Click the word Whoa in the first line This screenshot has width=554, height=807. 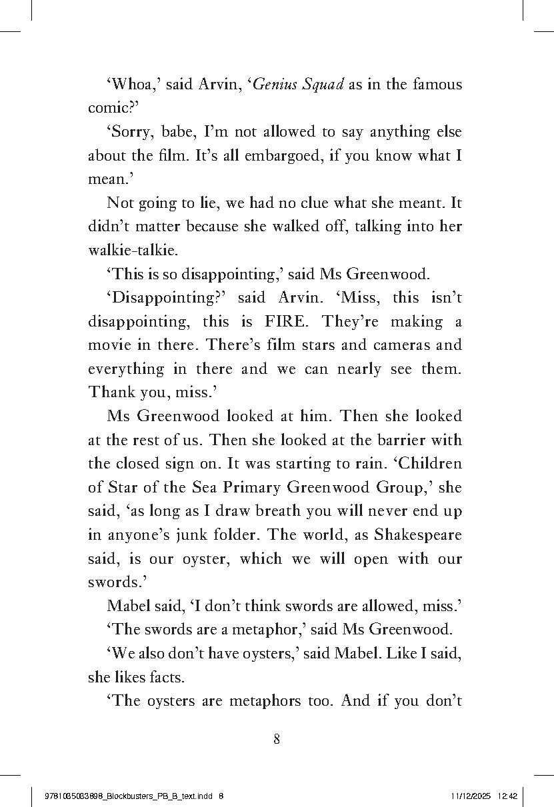[x=129, y=85]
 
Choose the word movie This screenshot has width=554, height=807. [x=108, y=345]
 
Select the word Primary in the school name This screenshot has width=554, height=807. [x=251, y=487]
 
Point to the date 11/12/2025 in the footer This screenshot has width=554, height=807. [x=471, y=796]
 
